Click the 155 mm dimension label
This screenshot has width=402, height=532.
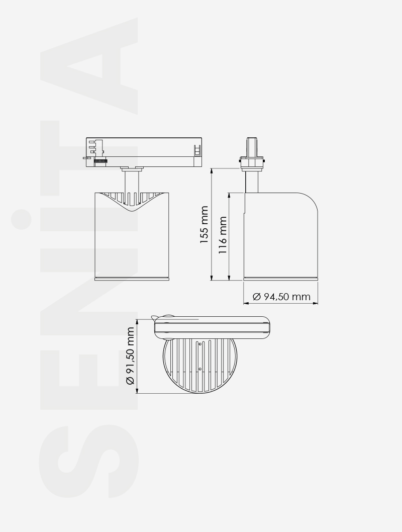coord(204,225)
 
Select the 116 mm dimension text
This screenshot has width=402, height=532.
coord(223,235)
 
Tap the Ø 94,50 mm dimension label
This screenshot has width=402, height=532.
coord(281,297)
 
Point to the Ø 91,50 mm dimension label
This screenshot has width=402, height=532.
coord(130,356)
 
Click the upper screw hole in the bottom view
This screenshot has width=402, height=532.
coord(200,344)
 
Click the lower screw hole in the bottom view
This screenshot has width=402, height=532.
coord(200,369)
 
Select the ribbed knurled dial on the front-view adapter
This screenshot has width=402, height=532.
coord(102,160)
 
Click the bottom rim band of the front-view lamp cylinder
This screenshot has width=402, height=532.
coord(132,278)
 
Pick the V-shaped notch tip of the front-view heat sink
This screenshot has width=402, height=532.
coord(132,209)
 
